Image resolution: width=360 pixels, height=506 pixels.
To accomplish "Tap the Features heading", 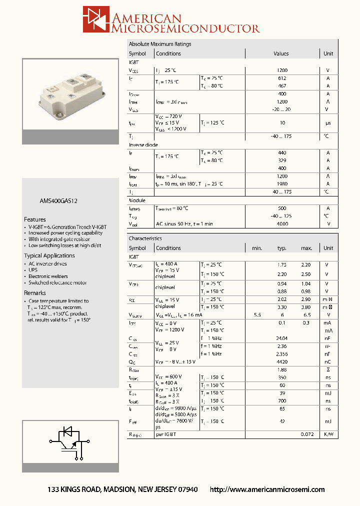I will point(35,219).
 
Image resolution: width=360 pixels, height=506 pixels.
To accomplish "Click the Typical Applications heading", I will point(49,255).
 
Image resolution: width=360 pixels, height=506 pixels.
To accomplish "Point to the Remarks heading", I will point(35,293).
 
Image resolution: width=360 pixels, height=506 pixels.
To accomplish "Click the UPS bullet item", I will point(33,270).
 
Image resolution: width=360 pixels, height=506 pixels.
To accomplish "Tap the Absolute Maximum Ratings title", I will point(160,44).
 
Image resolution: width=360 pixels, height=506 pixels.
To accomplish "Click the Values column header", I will point(281,53).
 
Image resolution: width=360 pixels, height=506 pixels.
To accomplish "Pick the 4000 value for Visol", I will point(282,224).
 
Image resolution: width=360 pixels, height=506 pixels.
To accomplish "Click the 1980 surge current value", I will point(282,184).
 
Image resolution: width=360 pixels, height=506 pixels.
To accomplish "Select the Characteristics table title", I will point(145,238).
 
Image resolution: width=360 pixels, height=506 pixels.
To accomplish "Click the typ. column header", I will point(282,248).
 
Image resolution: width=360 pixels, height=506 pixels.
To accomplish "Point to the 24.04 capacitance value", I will point(282,338).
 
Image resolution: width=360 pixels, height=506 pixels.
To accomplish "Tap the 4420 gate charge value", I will point(282,361).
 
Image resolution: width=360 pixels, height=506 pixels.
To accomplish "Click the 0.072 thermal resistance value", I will point(306,434).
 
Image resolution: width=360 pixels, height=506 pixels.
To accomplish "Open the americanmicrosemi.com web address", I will point(267,489).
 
